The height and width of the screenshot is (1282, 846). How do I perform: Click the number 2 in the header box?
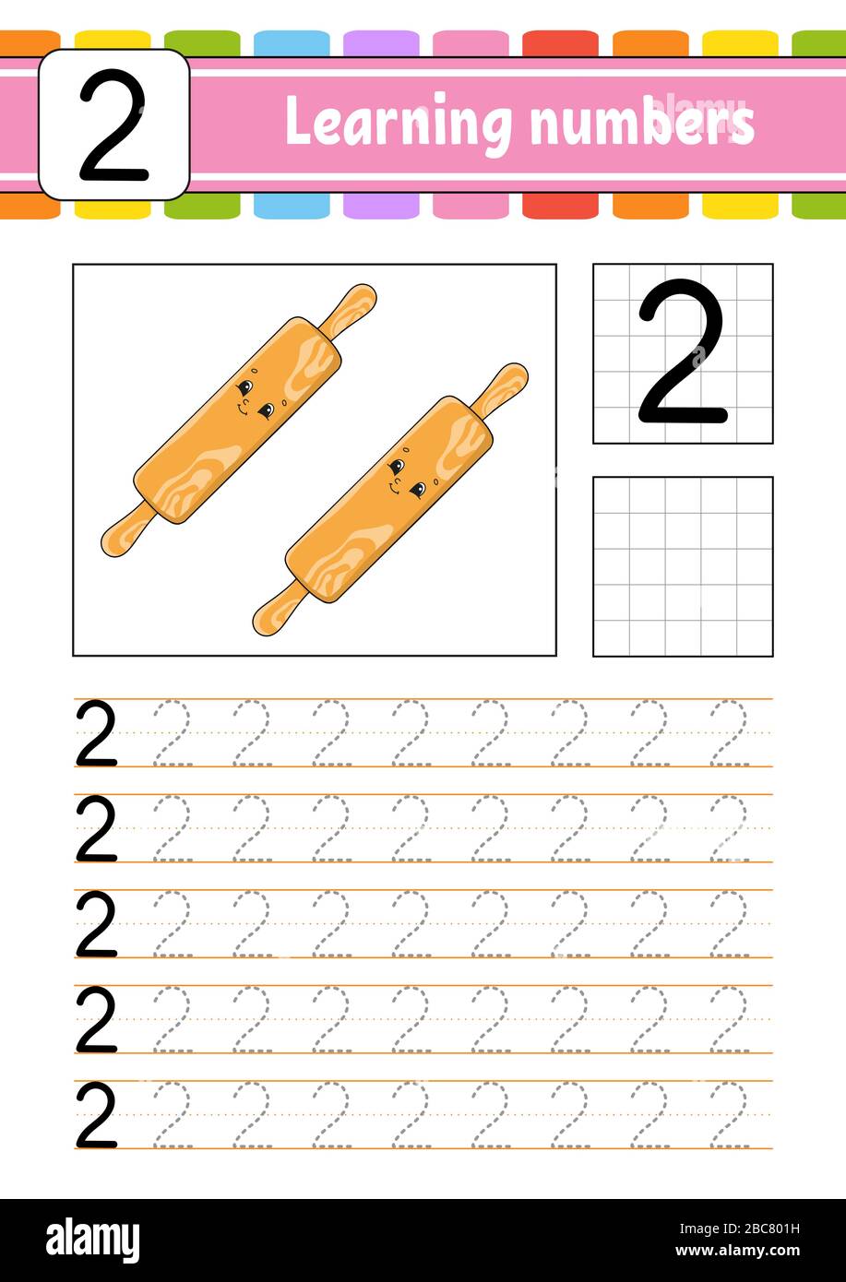113,125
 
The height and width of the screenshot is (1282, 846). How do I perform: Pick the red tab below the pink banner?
560,206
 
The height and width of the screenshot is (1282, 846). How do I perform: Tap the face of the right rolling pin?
406,477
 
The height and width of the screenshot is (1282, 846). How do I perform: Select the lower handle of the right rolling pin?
277,610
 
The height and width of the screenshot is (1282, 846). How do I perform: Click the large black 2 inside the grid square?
682,352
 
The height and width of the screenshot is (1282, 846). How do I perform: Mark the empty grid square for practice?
682,566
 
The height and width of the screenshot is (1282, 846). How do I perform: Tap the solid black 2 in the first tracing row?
96,734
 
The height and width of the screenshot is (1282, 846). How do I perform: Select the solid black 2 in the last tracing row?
96,1116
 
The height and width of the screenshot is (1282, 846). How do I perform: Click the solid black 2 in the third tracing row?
96,925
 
